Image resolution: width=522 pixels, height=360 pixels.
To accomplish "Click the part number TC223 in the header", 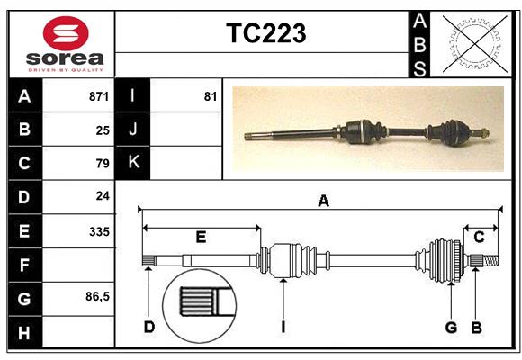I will point(265,34).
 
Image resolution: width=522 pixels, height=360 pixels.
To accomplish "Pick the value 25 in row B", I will point(103,130).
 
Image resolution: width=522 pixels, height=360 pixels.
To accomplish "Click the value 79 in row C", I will point(103,164).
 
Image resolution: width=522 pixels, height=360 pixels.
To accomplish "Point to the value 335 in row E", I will point(99,231).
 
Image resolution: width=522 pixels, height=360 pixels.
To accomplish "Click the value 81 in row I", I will point(211,96).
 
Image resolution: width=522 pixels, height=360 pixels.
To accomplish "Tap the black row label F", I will point(24,265).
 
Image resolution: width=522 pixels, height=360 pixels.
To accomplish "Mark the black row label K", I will point(133,163).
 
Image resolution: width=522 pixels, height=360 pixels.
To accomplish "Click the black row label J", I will point(133,130).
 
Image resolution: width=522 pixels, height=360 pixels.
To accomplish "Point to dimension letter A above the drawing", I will point(322,202).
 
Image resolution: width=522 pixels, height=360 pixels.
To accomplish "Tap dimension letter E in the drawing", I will point(201,237).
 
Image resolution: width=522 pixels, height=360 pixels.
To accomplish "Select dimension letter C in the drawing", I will point(479,237).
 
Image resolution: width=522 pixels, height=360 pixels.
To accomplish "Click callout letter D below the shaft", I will point(150,327).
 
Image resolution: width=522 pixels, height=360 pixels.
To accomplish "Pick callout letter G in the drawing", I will point(452,327).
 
